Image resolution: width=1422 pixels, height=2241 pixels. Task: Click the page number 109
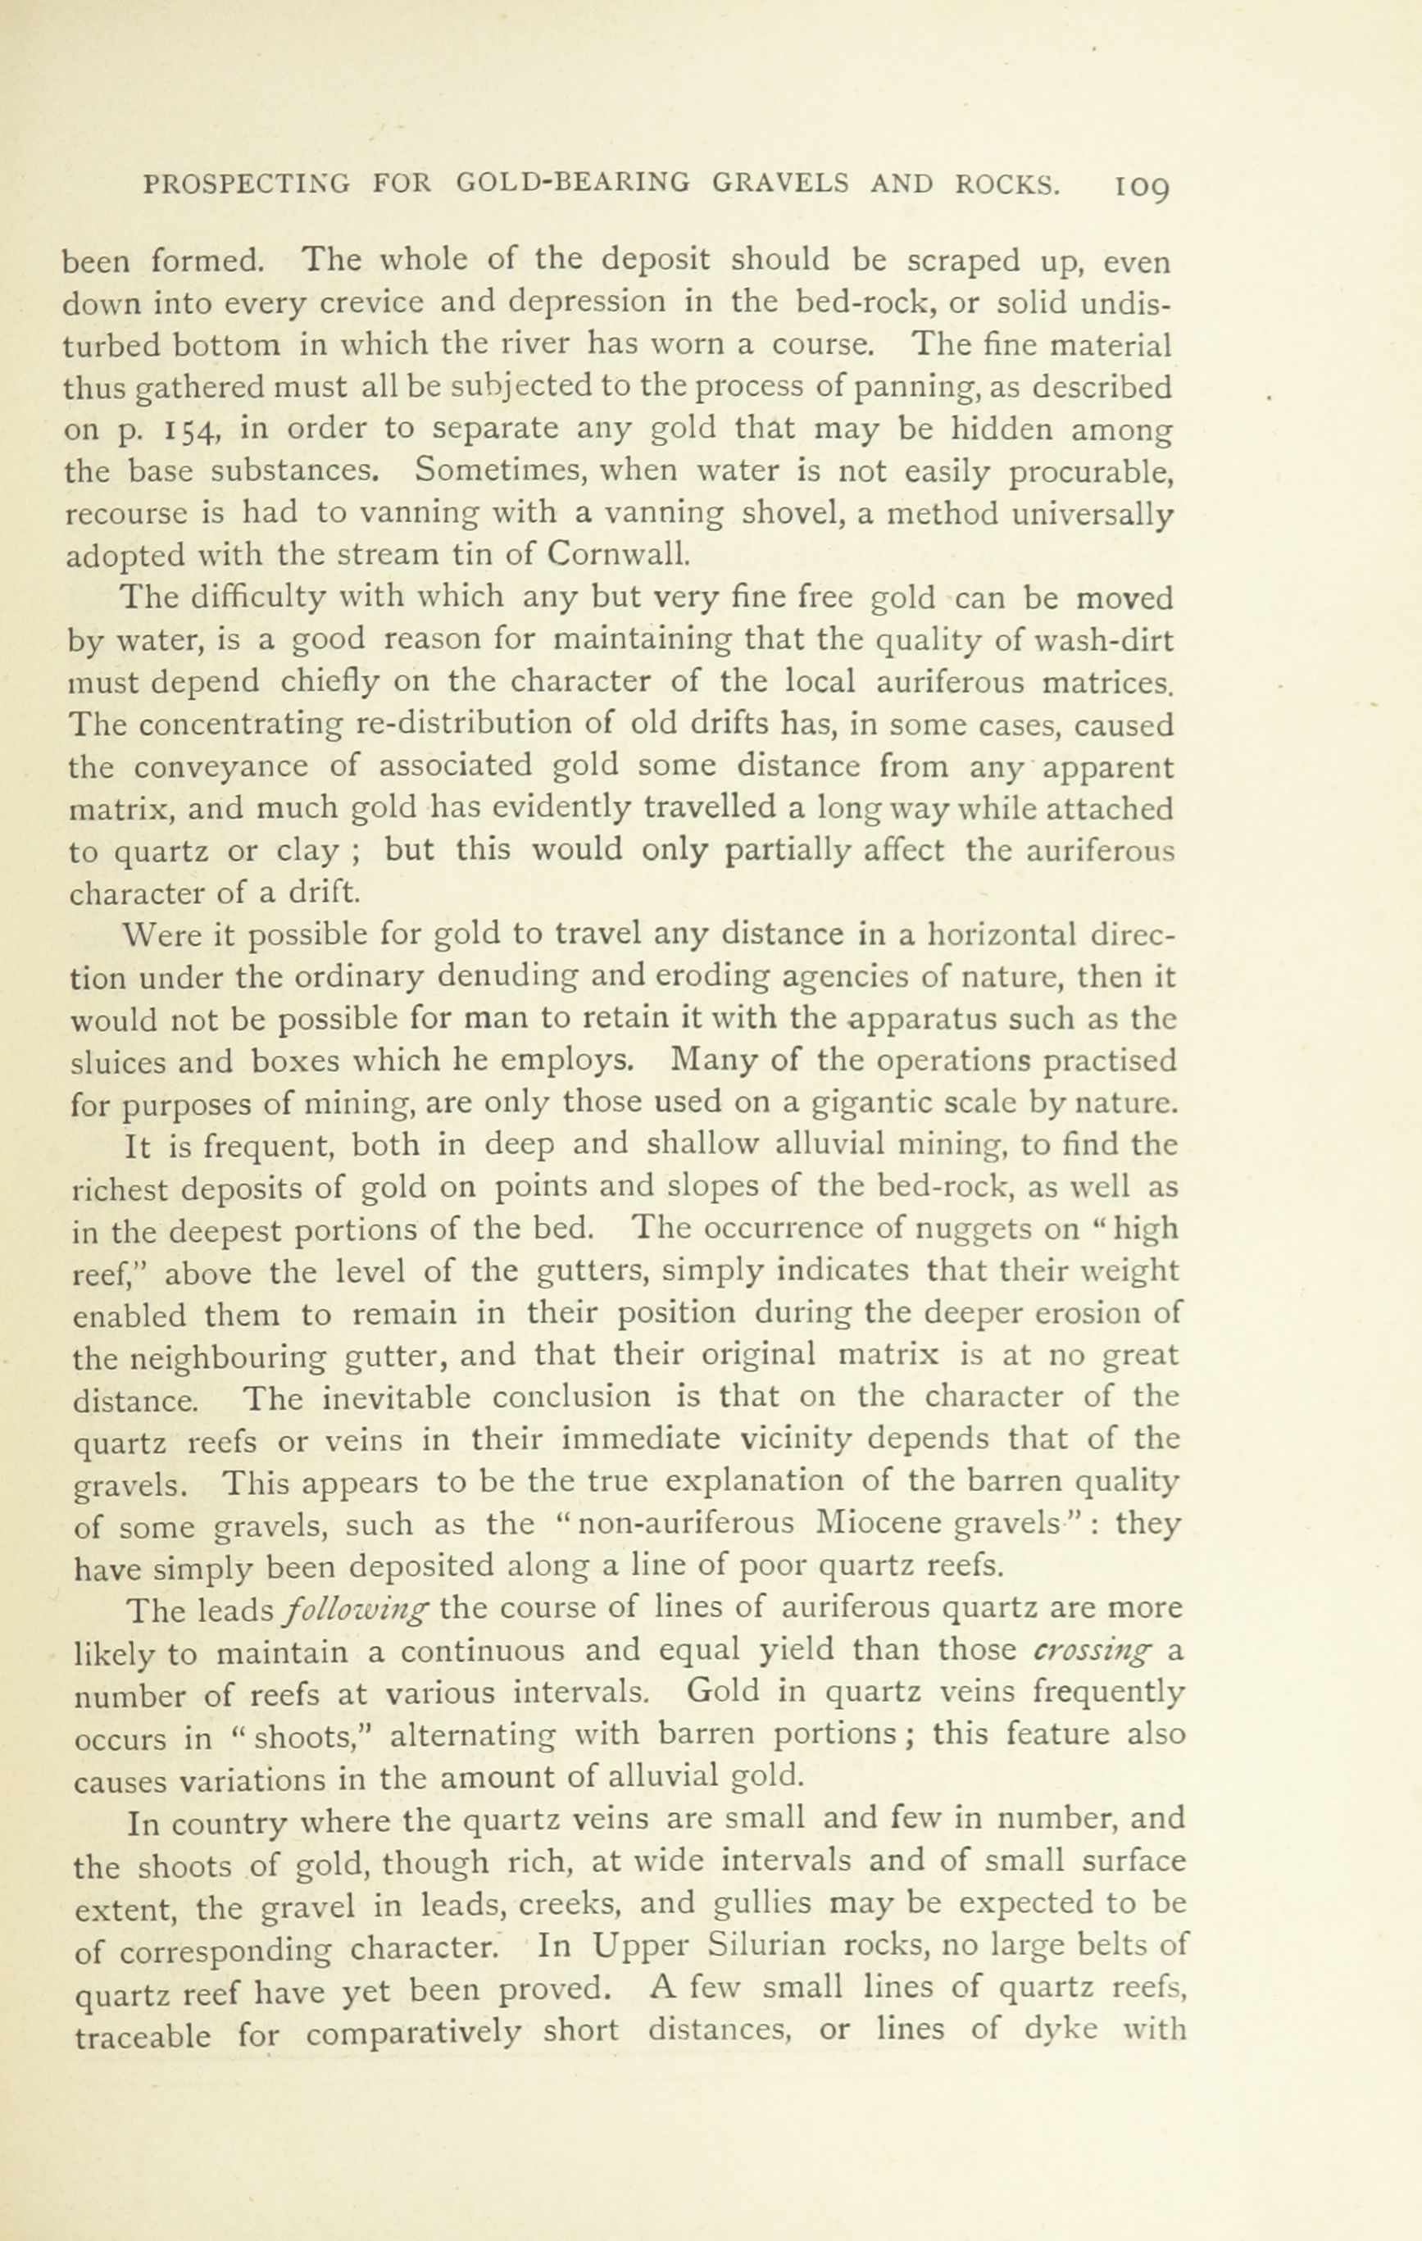[x=1141, y=187]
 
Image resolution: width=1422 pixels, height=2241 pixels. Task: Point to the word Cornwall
[x=618, y=555]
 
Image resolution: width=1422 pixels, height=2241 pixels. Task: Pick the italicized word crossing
[x=1093, y=1650]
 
